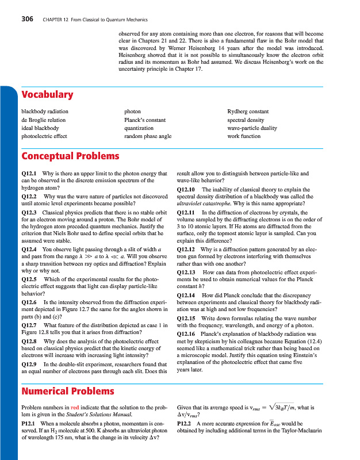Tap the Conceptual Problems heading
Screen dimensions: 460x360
point(70,156)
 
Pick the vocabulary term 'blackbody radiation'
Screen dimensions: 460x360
point(44,112)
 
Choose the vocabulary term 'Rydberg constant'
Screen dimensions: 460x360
point(248,112)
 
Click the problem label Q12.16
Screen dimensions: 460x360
point(187,333)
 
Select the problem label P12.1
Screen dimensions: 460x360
point(29,423)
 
